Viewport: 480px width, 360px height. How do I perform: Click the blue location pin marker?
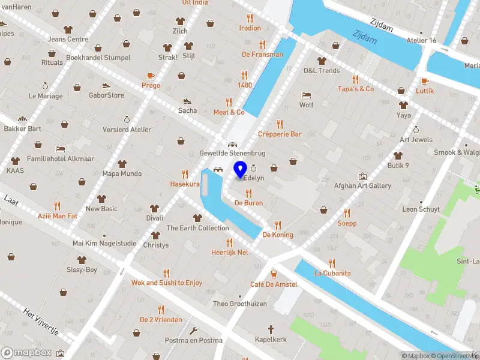241,169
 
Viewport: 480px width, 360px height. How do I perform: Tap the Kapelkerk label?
271,340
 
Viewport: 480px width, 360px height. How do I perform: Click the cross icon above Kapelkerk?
271,329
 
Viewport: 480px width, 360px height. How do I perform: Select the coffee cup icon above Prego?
151,76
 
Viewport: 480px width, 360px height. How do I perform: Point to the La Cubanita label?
332,273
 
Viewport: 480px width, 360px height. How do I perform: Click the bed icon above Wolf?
307,95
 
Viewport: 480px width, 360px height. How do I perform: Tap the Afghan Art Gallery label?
362,186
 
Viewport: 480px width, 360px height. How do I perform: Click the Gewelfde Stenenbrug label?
232,154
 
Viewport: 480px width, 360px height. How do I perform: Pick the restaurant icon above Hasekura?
185,174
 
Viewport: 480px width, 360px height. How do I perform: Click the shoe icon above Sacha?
187,101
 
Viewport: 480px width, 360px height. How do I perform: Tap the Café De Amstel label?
274,284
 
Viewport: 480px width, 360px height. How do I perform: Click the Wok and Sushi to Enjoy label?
167,283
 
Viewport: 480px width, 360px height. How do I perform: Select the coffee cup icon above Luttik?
425,81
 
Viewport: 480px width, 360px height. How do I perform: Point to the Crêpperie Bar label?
280,134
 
